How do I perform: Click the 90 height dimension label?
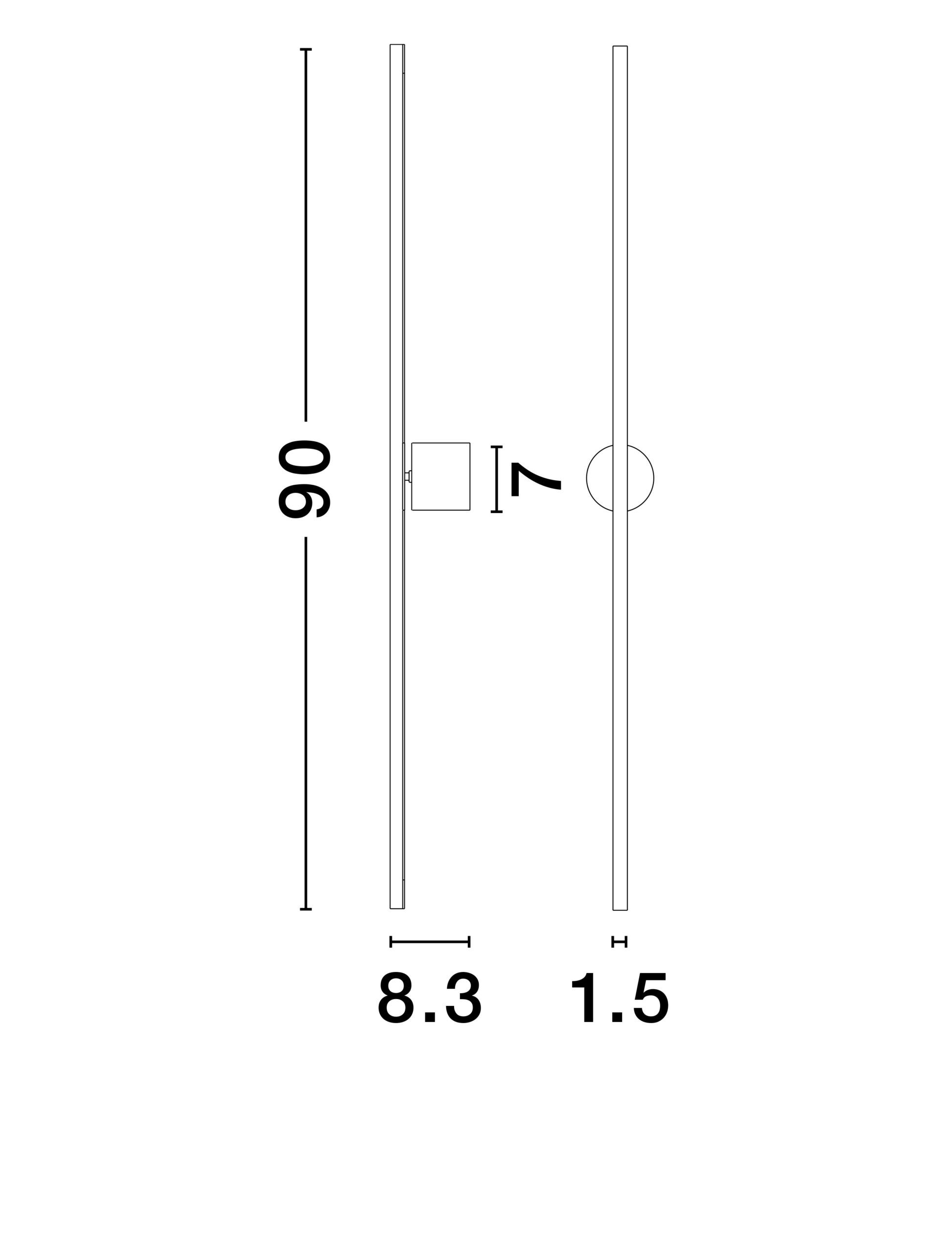point(304,479)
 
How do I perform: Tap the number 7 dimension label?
point(536,479)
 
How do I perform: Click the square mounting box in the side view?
point(440,476)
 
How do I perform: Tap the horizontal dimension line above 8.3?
point(430,942)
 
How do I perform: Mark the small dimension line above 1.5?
point(620,942)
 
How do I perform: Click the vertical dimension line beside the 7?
point(496,479)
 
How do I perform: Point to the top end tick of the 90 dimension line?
point(306,49)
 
